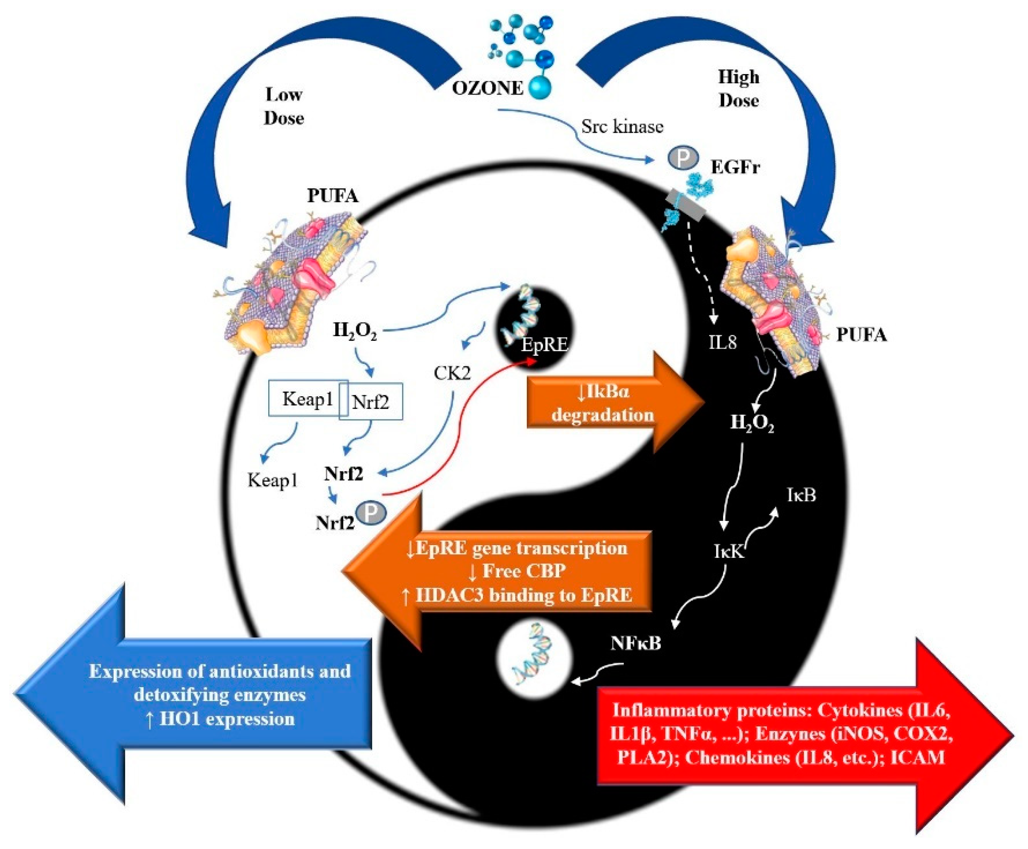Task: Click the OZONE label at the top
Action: [487, 88]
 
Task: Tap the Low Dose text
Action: [283, 106]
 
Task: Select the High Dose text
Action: [738, 89]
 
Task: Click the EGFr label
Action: [735, 167]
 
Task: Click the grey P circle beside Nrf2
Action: [371, 512]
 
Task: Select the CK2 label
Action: [452, 373]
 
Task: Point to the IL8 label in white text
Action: [723, 342]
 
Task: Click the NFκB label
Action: [636, 643]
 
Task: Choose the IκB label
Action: [801, 495]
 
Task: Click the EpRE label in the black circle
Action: [544, 345]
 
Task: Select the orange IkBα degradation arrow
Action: [615, 403]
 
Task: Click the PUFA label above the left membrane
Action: [333, 196]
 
